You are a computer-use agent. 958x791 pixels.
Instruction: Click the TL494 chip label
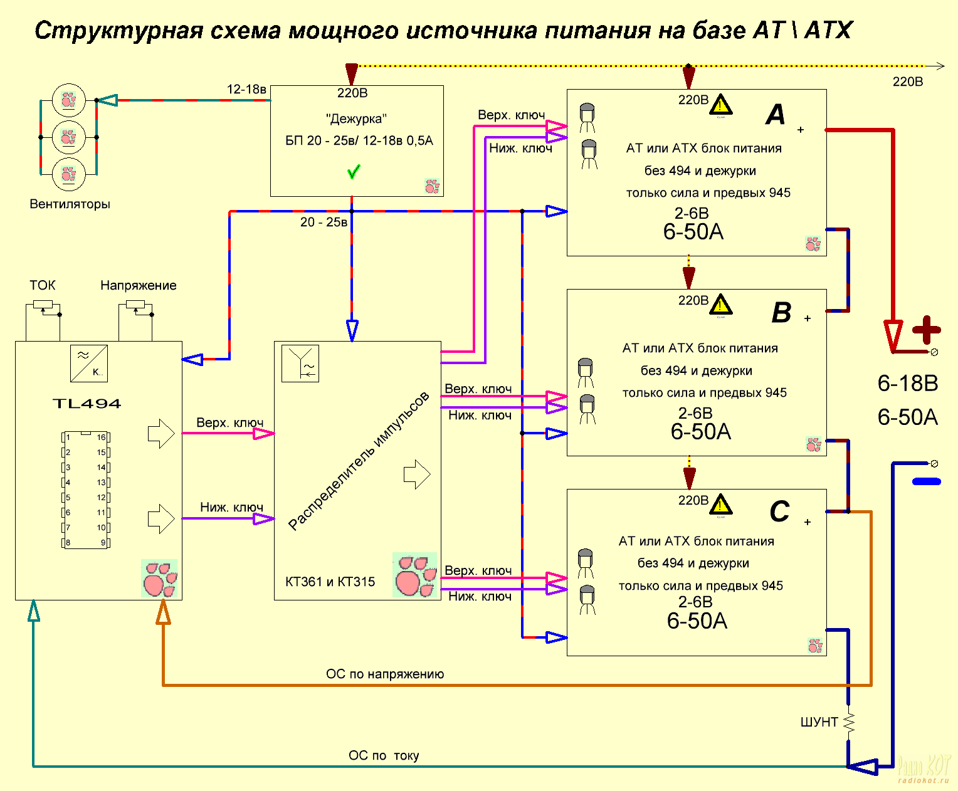tap(87, 404)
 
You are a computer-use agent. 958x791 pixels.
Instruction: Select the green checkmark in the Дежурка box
tap(354, 171)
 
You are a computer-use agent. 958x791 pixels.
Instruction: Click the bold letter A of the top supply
tap(776, 115)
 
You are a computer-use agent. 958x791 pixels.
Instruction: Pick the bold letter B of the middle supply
tap(781, 313)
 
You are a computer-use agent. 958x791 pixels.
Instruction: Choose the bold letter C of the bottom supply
tap(779, 511)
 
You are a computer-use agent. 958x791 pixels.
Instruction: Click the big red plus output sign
tap(926, 330)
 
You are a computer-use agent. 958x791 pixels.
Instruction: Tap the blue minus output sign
tap(926, 481)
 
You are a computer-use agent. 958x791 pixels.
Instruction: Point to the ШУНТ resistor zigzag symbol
tap(849, 723)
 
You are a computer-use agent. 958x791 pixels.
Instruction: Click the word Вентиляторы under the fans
tap(70, 204)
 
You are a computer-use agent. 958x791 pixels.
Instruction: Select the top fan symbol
tap(68, 100)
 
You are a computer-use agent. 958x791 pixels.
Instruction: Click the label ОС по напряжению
tap(384, 674)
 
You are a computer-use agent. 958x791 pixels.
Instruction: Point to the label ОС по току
tap(384, 756)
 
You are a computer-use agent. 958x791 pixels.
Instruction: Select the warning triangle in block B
tap(721, 305)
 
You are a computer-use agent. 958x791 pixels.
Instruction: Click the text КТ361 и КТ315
tap(330, 582)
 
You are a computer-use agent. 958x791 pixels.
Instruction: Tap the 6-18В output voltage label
tap(907, 384)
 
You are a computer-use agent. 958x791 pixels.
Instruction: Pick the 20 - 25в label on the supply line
tap(324, 223)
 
